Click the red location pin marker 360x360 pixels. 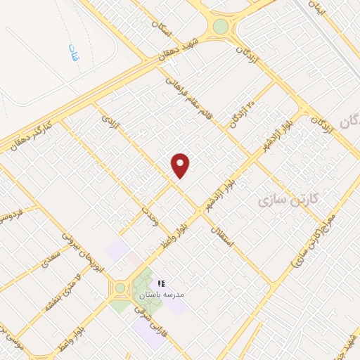coord(181,165)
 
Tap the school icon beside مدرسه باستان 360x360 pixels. coord(161,282)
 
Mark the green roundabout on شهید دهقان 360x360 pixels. coord(221,27)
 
